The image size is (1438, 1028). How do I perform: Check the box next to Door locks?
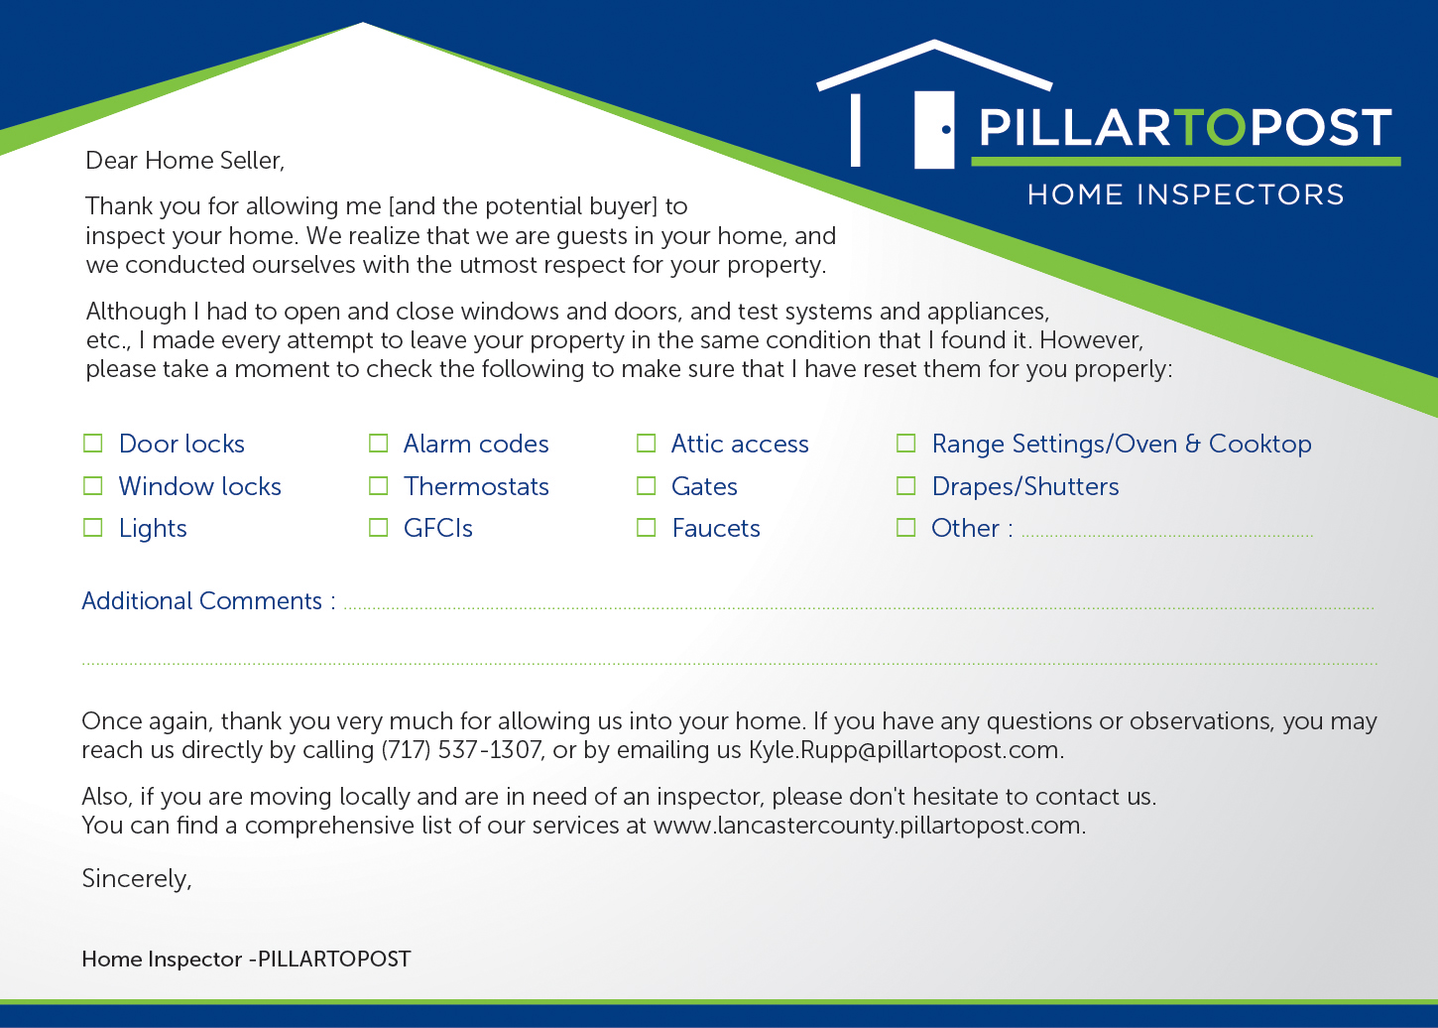92,443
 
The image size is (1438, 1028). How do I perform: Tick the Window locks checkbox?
92,485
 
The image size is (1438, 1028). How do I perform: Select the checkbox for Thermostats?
378,485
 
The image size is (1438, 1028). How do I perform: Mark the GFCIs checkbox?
378,527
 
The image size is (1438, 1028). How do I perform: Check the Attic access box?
646,443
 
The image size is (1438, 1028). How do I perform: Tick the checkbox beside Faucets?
646,527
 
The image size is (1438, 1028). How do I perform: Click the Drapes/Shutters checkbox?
905,485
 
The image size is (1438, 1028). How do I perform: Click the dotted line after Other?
1166,534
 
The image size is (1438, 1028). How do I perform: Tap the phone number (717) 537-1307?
461,749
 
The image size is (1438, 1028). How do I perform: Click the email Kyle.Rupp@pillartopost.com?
904,749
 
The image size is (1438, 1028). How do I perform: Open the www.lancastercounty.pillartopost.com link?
868,826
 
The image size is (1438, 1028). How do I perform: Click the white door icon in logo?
933,129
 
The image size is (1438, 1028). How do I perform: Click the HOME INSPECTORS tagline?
1185,194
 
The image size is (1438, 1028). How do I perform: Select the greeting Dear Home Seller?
184,160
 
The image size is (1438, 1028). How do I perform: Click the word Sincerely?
136,878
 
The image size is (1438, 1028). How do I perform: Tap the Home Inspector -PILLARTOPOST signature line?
246,959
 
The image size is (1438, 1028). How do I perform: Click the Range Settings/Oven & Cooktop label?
1121,444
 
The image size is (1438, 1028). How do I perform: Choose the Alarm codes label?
476,444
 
